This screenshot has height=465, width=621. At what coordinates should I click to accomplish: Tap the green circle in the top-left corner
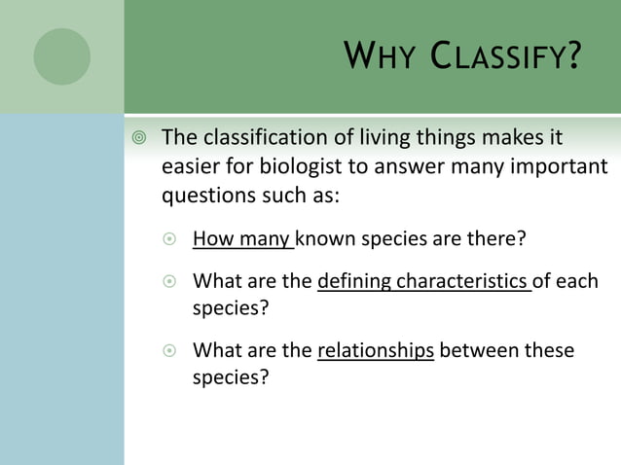[x=61, y=55]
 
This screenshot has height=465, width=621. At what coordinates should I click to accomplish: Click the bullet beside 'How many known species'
[x=170, y=238]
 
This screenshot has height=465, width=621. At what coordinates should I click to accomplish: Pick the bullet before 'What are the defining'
[x=170, y=282]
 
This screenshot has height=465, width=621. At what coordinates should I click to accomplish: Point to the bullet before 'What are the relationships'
[x=170, y=351]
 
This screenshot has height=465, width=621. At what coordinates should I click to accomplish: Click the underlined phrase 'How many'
[x=242, y=238]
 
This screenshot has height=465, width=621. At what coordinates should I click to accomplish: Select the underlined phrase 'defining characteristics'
[x=424, y=282]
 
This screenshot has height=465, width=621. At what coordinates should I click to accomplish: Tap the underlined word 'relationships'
[x=376, y=350]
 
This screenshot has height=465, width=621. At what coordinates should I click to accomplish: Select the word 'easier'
[x=190, y=165]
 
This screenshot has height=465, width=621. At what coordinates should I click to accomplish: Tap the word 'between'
[x=479, y=350]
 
